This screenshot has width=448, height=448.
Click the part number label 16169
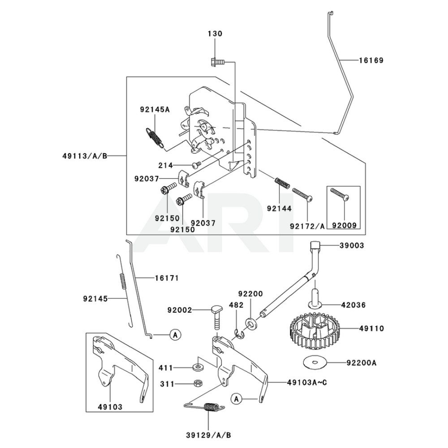[x=370, y=60]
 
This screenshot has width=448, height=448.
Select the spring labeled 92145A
[x=154, y=136]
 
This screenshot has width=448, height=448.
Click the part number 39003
[x=352, y=246]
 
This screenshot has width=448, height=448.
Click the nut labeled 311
[x=196, y=383]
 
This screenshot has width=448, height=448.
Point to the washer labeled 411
[x=197, y=368]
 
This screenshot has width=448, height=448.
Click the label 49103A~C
[x=303, y=382]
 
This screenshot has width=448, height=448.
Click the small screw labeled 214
[x=195, y=165]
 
